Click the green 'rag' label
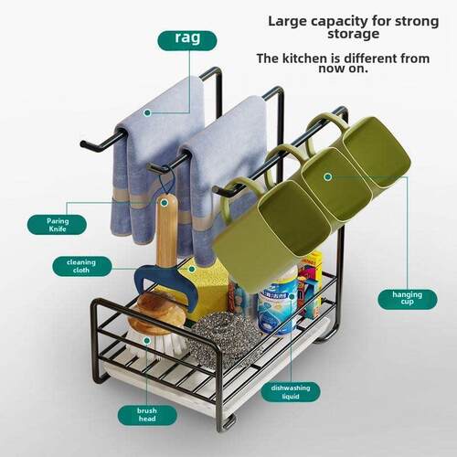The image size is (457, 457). [187, 40]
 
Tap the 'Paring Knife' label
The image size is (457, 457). [57, 225]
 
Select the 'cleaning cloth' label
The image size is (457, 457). [81, 266]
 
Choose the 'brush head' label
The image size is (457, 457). [147, 415]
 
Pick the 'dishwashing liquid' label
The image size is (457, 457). [291, 392]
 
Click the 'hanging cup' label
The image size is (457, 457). [408, 299]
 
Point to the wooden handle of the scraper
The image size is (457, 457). [166, 230]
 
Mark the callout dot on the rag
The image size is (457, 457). [147, 112]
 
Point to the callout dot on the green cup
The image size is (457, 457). [328, 176]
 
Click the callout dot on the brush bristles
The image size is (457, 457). [147, 341]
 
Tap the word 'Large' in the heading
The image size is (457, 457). [287, 21]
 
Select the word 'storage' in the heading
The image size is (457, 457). [354, 34]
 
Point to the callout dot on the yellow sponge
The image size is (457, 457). [191, 269]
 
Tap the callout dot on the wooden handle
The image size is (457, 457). [165, 203]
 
